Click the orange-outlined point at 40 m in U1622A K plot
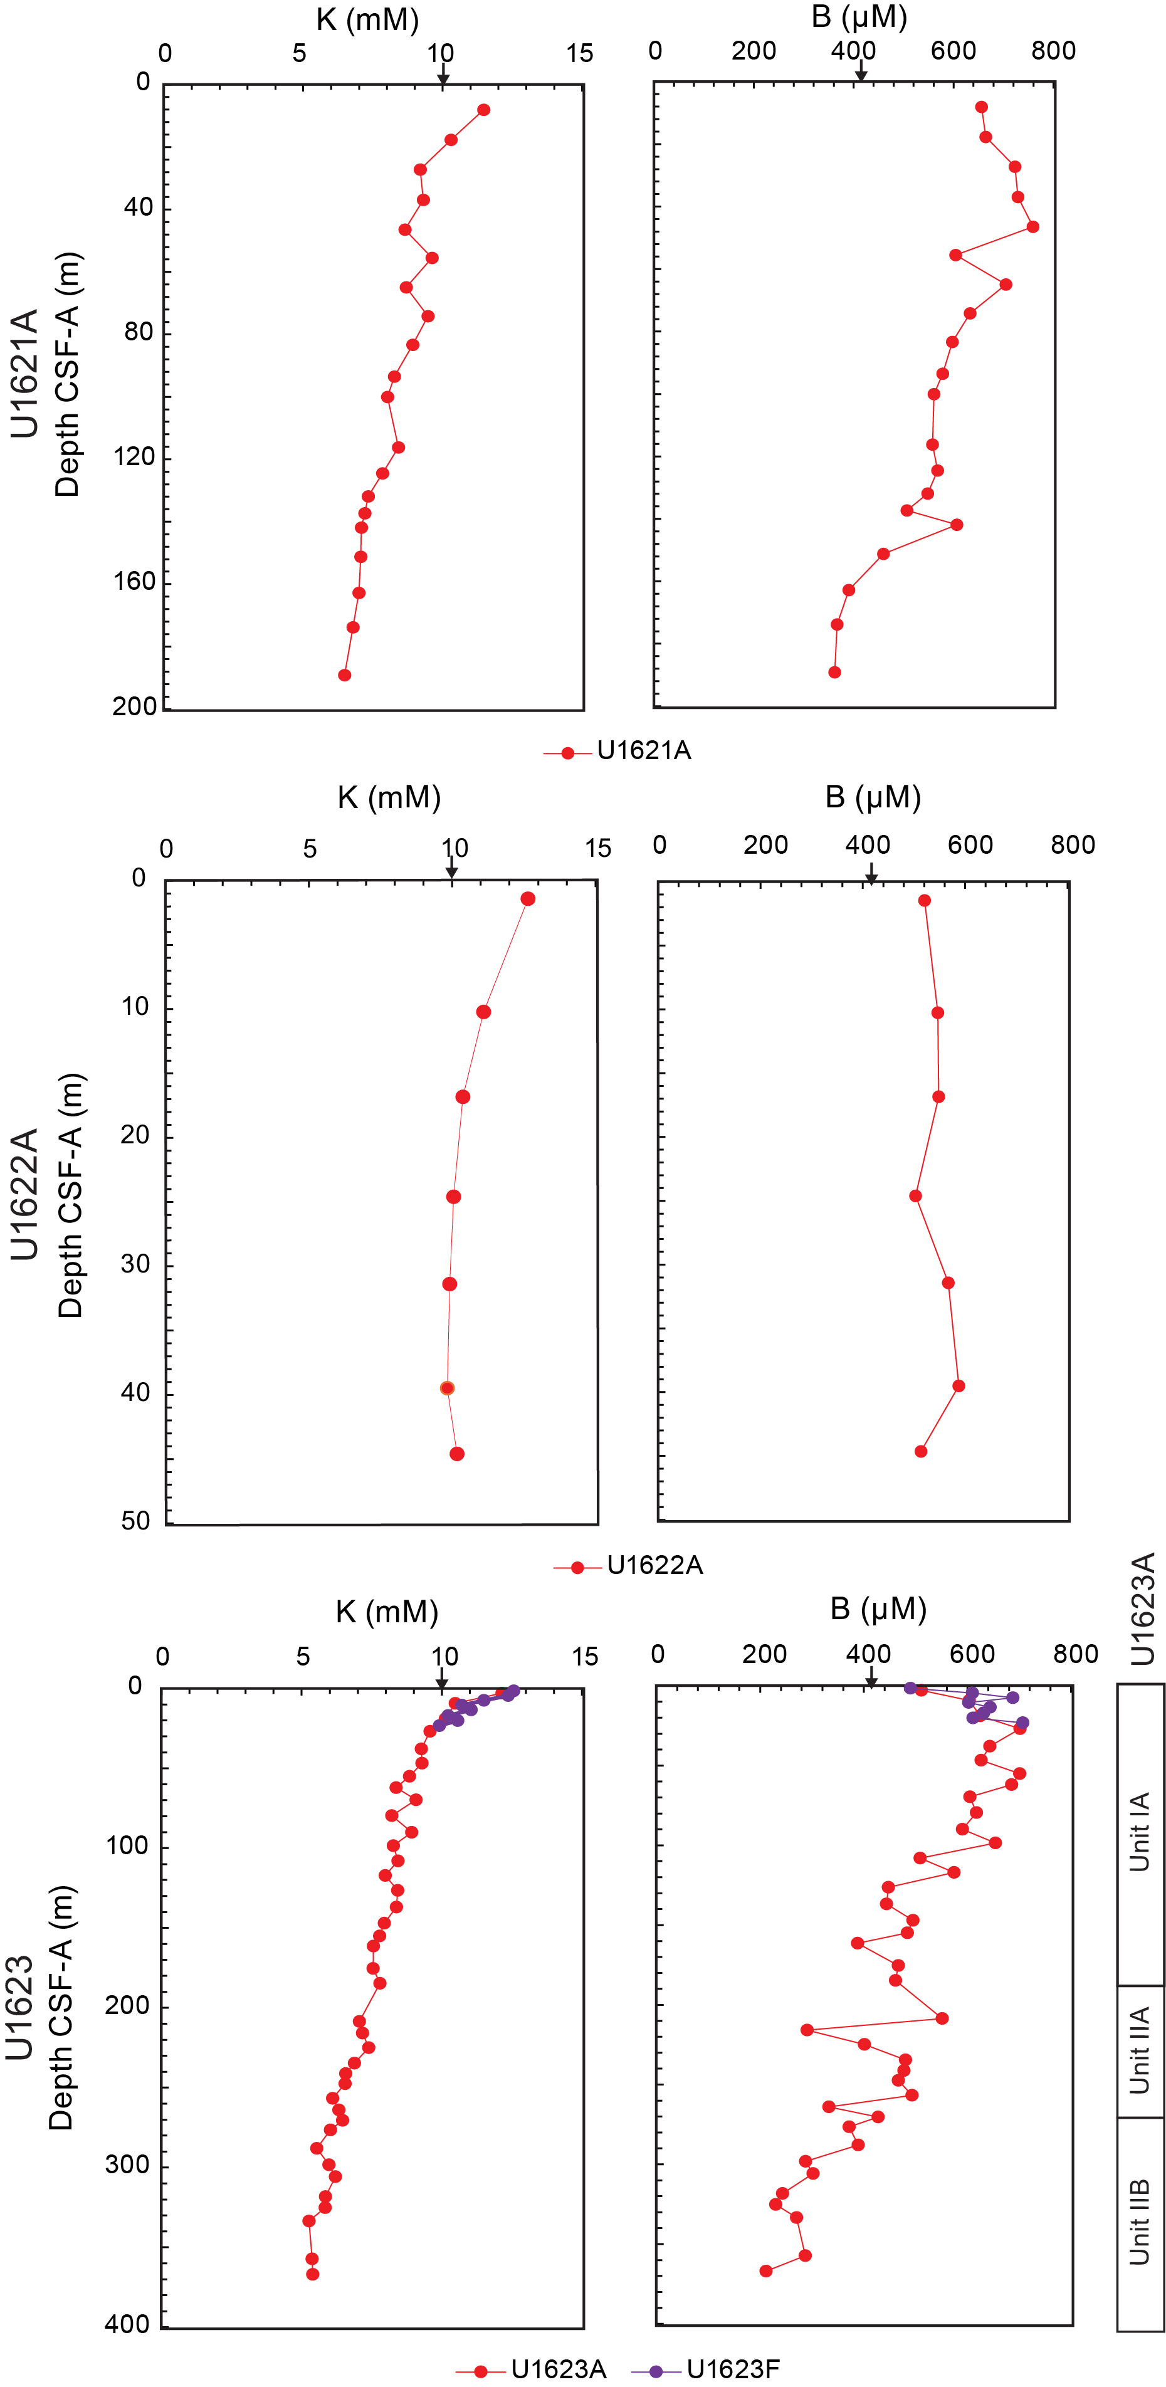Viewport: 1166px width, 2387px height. coord(447,1388)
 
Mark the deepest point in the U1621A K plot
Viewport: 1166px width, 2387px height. coord(345,674)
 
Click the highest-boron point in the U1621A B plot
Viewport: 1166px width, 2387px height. coord(1032,227)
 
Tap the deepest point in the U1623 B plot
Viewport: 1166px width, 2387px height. coord(765,2271)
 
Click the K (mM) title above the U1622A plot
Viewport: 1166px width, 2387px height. coord(389,797)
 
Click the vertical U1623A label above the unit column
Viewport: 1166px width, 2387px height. coord(1143,1608)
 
